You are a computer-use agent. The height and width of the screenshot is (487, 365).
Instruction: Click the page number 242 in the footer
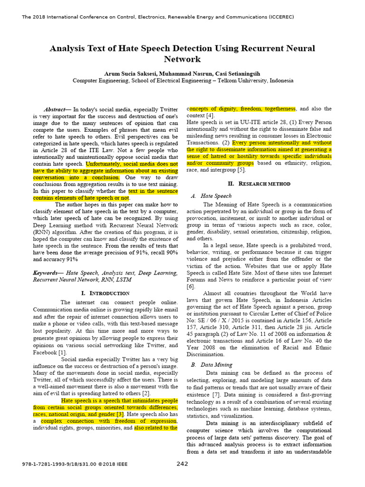click(x=182, y=464)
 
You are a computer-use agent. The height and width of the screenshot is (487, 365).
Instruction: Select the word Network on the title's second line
click(x=182, y=59)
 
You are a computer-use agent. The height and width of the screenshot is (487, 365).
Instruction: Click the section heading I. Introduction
click(x=105, y=293)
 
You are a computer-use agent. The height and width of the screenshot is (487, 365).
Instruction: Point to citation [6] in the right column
click(x=191, y=287)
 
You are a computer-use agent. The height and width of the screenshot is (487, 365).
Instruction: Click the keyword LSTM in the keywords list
click(x=123, y=280)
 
